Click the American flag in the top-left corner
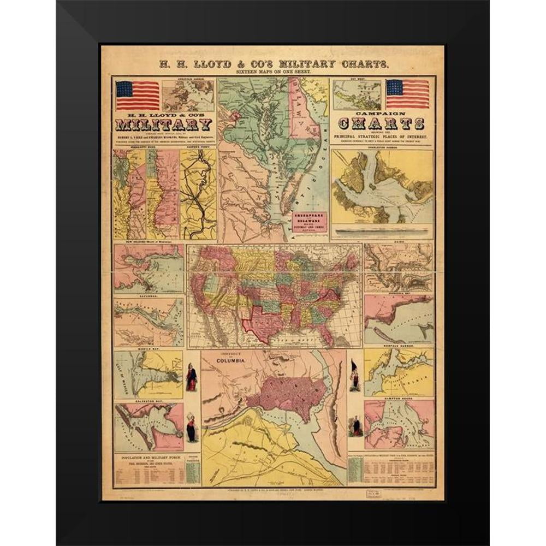(x=137, y=95)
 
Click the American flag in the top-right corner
(x=407, y=94)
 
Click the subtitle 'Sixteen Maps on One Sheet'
(x=272, y=72)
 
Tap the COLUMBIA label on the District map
(x=228, y=361)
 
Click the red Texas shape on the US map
(x=263, y=323)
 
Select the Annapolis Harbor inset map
(x=188, y=95)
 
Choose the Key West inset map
(x=358, y=95)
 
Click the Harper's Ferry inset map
(x=199, y=194)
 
